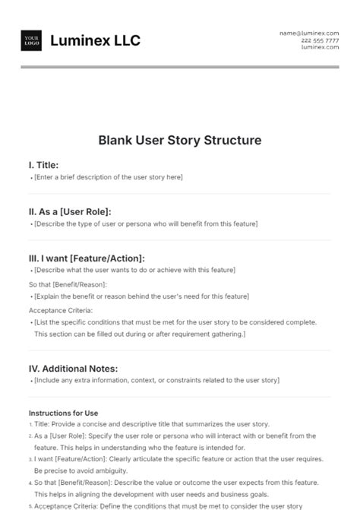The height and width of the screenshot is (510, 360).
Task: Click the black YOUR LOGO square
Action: tap(32, 40)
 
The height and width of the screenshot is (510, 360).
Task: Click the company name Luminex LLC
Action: tap(95, 41)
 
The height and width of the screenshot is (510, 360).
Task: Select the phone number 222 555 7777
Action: tap(320, 40)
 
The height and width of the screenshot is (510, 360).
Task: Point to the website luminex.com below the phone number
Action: tap(320, 47)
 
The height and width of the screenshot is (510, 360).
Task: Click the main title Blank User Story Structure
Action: tap(179, 141)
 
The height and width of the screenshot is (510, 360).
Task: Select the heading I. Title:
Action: tap(43, 164)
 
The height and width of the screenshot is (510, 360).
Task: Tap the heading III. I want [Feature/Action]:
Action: tap(87, 258)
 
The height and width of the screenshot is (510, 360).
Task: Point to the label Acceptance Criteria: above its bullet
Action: tap(61, 310)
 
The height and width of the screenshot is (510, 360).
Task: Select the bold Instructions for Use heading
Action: tap(63, 413)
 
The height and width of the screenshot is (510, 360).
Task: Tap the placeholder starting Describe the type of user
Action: tap(146, 224)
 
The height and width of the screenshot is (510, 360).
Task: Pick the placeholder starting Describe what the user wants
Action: tap(134, 271)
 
